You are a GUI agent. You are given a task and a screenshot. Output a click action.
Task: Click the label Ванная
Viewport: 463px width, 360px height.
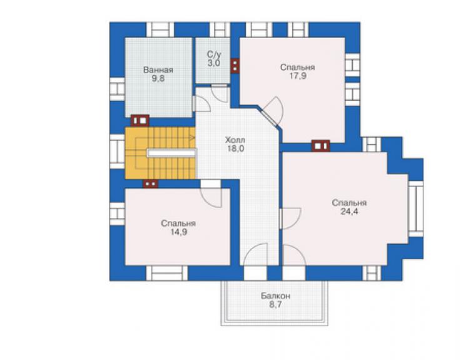click(x=158, y=70)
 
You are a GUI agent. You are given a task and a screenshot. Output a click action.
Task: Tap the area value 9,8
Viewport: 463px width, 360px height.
click(x=158, y=79)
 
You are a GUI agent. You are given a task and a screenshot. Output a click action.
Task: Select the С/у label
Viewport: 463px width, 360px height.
click(x=214, y=54)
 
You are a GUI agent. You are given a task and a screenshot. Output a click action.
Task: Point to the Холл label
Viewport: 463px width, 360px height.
click(x=235, y=140)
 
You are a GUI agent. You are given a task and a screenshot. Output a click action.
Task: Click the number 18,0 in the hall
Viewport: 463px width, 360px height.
click(x=235, y=148)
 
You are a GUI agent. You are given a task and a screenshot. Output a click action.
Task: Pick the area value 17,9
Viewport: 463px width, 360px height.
click(x=298, y=76)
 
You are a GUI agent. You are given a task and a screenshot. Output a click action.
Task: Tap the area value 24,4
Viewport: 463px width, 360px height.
click(x=349, y=212)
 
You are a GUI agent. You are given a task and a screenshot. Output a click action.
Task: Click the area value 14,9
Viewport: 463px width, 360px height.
click(x=178, y=232)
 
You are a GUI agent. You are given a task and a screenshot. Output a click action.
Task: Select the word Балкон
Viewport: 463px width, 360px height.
click(x=275, y=296)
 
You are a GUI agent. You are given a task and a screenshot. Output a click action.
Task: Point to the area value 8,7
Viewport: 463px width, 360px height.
click(x=275, y=305)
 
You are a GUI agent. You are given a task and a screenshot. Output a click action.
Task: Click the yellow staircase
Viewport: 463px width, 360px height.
click(x=160, y=153)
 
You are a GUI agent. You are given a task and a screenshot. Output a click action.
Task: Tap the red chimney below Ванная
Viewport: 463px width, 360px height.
click(x=140, y=121)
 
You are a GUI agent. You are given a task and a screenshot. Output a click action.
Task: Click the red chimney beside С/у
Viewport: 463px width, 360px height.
click(x=235, y=66)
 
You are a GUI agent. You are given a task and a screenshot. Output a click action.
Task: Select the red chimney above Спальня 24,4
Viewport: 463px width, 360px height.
click(x=321, y=146)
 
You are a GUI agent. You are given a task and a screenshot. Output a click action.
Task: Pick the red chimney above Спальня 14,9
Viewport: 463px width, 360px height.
click(x=151, y=184)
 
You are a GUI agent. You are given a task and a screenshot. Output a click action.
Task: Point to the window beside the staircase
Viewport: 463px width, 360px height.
click(x=117, y=152)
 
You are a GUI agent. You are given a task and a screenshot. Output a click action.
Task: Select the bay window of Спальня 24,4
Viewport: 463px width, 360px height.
click(x=415, y=208)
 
